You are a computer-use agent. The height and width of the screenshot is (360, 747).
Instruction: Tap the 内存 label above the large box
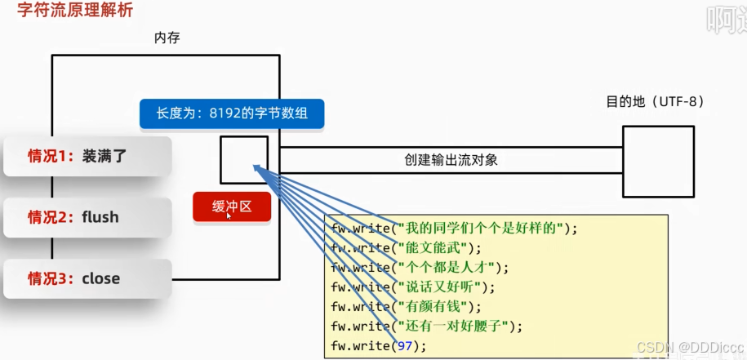(167, 38)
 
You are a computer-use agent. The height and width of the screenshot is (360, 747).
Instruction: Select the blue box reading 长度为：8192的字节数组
(232, 113)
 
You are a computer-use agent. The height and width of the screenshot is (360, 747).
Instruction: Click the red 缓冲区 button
(231, 207)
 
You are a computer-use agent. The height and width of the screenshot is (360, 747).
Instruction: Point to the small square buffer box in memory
(243, 159)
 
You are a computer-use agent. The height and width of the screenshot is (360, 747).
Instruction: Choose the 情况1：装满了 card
(87, 156)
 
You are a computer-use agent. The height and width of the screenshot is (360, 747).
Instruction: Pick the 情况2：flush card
(87, 217)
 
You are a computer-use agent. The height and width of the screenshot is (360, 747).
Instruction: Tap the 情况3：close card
(87, 278)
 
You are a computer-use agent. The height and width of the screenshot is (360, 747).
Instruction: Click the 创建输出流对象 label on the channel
(451, 160)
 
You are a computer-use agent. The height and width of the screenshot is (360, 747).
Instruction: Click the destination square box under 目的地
(658, 162)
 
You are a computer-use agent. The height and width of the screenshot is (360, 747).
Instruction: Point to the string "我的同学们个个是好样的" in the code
(481, 229)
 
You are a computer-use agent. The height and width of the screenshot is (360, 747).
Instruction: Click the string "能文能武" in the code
(433, 248)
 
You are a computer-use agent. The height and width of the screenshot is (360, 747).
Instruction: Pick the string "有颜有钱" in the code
(433, 307)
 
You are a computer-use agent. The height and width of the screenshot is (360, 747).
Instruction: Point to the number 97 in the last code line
(404, 346)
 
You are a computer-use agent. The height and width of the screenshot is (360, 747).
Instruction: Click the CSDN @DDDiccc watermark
(691, 347)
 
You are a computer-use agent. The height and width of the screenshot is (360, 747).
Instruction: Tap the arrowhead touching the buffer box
(257, 168)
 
